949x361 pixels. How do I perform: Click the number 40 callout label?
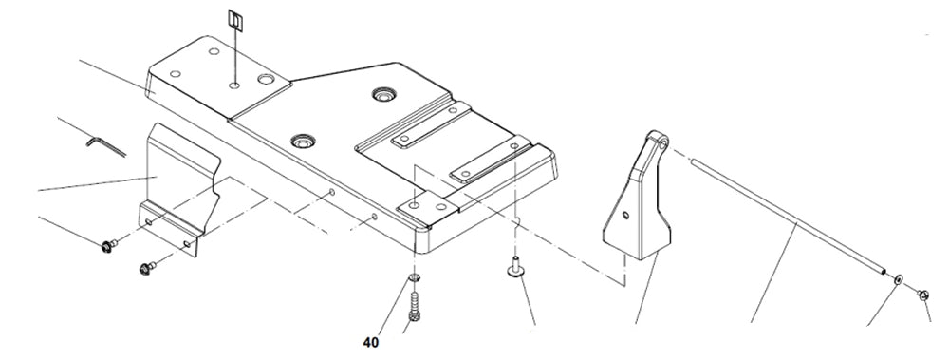(x=371, y=343)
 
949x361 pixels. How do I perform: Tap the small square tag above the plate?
(x=235, y=20)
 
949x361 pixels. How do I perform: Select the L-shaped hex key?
(x=104, y=145)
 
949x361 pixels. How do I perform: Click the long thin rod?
(x=788, y=217)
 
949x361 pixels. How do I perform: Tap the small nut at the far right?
(x=923, y=295)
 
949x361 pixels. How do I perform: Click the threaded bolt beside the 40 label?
(x=415, y=308)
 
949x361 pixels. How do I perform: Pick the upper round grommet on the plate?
(x=381, y=94)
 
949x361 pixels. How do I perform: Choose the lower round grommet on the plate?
(x=302, y=142)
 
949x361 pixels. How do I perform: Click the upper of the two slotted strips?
(x=431, y=124)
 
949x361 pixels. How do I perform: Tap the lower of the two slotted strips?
(x=490, y=159)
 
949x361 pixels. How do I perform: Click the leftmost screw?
(x=109, y=245)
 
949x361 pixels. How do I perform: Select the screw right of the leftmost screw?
(x=147, y=268)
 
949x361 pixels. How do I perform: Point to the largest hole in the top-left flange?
(x=266, y=80)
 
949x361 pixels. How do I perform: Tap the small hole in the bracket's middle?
(x=625, y=215)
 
